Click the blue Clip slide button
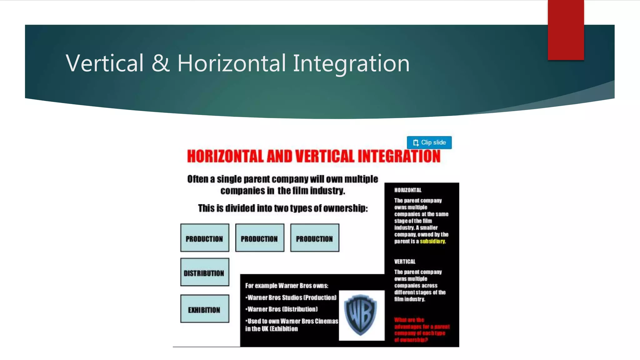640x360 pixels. coord(429,142)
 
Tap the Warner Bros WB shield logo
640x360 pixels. coord(361,315)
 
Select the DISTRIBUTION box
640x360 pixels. coord(204,272)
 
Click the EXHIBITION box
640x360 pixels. coord(204,309)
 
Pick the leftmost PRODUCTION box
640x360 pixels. coord(204,238)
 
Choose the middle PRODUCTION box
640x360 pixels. coord(259,238)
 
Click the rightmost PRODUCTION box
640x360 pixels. coord(314,238)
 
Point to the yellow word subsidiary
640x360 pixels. coord(432,241)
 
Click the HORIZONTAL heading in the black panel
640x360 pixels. coord(407,190)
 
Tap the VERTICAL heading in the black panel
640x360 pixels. coord(405,262)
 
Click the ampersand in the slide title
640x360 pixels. coord(160,63)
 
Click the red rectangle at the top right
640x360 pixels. coord(566,30)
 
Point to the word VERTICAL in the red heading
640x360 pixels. coord(324,156)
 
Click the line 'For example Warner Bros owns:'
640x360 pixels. coord(287,286)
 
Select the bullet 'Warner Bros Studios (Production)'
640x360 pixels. coord(292,297)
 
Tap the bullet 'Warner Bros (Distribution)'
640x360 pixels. coord(282,309)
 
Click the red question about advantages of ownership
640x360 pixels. coord(421,330)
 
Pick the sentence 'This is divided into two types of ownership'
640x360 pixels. coord(283,208)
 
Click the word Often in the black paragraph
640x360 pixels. coord(197,179)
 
